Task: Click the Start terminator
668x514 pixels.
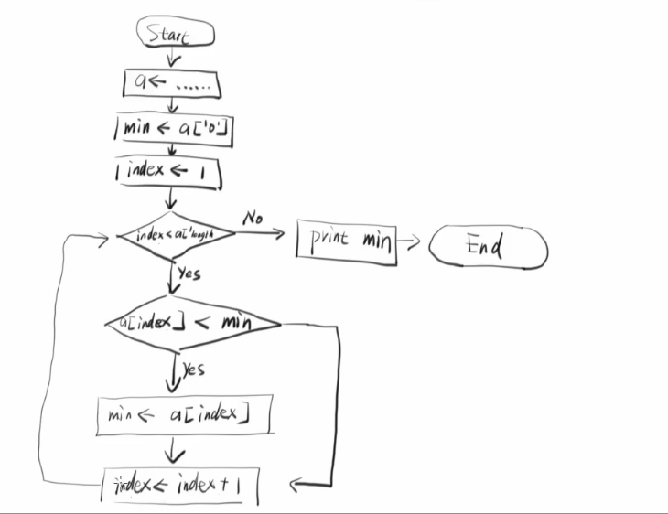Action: (175, 35)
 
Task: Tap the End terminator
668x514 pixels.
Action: (488, 247)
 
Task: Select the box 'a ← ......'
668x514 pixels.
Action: (173, 83)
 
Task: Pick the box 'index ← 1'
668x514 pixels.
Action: (168, 172)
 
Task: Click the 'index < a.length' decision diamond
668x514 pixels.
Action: (175, 235)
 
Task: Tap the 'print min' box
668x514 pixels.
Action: (347, 242)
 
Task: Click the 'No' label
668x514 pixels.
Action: (253, 219)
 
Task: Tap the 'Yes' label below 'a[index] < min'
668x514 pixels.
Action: (192, 369)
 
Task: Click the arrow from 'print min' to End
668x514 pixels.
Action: (411, 243)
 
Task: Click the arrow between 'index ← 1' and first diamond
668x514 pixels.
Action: (170, 199)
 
